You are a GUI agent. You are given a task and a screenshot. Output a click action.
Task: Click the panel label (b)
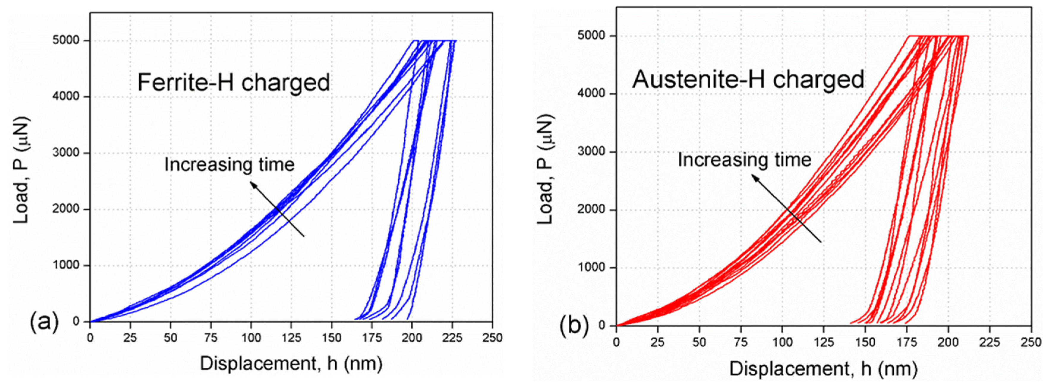(574, 326)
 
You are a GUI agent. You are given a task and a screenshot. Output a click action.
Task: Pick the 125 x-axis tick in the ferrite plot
(291, 338)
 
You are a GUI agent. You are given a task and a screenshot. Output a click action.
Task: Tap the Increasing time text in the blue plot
(229, 165)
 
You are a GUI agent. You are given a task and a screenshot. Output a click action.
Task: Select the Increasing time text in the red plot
(744, 160)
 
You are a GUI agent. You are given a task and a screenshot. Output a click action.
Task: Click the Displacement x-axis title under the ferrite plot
(291, 364)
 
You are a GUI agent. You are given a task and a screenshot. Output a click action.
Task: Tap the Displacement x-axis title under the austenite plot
(823, 369)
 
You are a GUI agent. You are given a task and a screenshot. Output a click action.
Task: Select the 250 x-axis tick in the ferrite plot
(492, 338)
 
